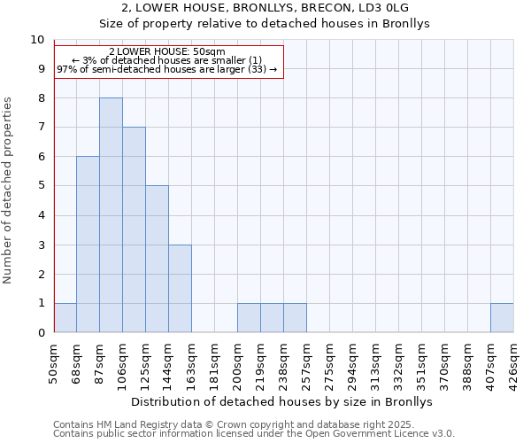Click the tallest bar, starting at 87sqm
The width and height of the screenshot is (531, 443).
[x=111, y=215]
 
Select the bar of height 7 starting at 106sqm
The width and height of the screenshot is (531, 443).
[x=134, y=229]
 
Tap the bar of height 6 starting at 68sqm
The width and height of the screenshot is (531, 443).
[x=88, y=245]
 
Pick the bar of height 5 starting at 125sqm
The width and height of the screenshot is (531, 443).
[x=157, y=259]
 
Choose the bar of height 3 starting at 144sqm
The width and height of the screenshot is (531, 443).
[x=180, y=288]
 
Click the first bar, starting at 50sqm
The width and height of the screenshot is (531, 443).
[x=65, y=317]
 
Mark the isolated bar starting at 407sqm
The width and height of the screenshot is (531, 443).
[x=502, y=317]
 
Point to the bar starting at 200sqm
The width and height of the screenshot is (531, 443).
[x=249, y=317]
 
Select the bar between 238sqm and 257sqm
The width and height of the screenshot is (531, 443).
[x=295, y=317]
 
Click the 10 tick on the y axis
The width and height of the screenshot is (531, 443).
[x=37, y=40]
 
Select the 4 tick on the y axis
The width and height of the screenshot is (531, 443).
[x=40, y=215]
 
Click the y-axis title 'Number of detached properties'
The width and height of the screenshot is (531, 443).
[x=9, y=190]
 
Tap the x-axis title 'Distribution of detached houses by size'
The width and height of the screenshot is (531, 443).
[x=283, y=401]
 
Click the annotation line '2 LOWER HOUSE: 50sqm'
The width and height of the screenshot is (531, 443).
[x=167, y=51]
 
